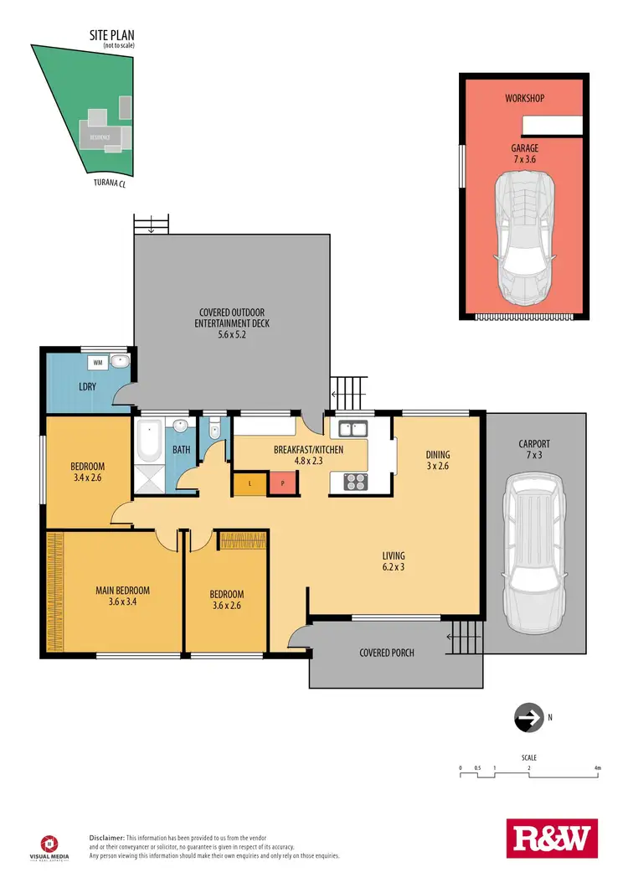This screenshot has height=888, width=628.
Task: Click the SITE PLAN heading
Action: pyautogui.click(x=112, y=36)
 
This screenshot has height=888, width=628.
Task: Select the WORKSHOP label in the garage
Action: pyautogui.click(x=524, y=98)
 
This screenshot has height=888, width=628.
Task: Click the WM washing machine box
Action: pyautogui.click(x=97, y=363)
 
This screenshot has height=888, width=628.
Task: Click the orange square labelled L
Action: pyautogui.click(x=249, y=483)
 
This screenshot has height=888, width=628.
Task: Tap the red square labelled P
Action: pyautogui.click(x=282, y=483)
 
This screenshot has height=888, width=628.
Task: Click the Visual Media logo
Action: pyautogui.click(x=50, y=846)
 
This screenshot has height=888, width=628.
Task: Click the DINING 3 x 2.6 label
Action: pyautogui.click(x=437, y=461)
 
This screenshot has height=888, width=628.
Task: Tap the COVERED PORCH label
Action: pyautogui.click(x=386, y=653)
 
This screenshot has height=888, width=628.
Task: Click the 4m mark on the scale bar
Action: pyautogui.click(x=597, y=767)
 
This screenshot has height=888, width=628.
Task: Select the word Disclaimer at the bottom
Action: pyautogui.click(x=106, y=837)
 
